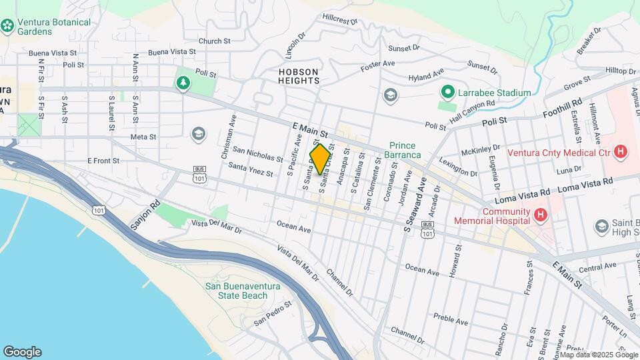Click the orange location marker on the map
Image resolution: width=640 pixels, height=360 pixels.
pyautogui.click(x=320, y=159)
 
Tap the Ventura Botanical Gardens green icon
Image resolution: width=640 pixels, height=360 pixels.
pyautogui.click(x=8, y=26)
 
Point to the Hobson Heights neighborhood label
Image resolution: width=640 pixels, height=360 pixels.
pyautogui.click(x=299, y=75)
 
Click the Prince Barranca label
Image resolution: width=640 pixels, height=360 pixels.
pyautogui.click(x=403, y=150)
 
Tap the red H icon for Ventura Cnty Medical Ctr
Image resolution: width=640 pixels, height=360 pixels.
pyautogui.click(x=621, y=152)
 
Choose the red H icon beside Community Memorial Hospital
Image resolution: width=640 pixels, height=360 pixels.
pyautogui.click(x=541, y=215)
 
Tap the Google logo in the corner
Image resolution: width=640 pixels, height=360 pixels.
pyautogui.click(x=22, y=352)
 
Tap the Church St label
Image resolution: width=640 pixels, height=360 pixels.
pyautogui.click(x=214, y=41)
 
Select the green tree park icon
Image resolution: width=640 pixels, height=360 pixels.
pyautogui.click(x=182, y=83)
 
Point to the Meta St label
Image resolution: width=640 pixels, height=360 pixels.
pyautogui.click(x=143, y=137)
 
